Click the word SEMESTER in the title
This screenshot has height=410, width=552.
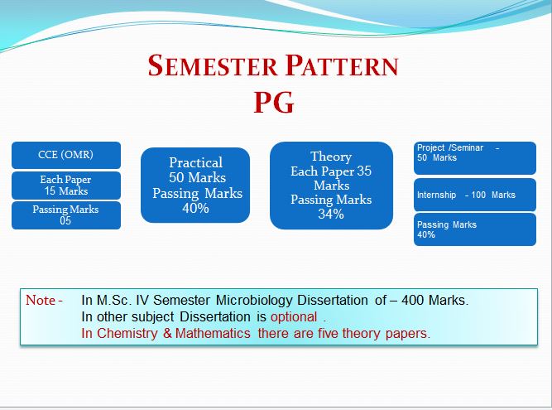[213, 65]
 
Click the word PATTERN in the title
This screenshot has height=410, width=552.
[342, 65]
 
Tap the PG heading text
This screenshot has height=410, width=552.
[274, 103]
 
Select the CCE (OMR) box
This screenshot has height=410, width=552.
[66, 155]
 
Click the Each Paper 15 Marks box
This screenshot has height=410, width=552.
[66, 186]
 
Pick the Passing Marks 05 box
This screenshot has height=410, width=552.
[66, 215]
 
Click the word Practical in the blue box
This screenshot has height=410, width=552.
[196, 162]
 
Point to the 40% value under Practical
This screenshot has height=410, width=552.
[196, 208]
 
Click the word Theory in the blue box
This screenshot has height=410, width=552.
[331, 157]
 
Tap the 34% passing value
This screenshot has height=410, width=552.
[331, 214]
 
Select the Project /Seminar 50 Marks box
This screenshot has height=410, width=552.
[475, 158]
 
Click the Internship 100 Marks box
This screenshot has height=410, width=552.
[475, 195]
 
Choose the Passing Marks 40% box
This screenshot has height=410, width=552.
[475, 229]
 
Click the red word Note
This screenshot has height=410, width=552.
[41, 300]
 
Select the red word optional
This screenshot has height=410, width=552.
[294, 316]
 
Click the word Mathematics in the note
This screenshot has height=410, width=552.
[213, 333]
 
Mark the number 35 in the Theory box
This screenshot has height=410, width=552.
[364, 171]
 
